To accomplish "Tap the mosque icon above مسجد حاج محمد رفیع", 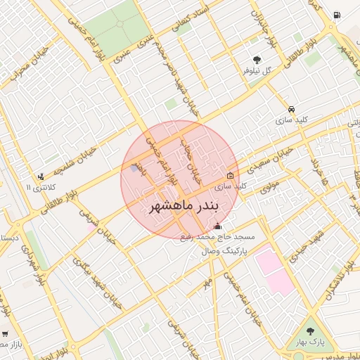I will point(217,226).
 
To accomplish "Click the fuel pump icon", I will point(338,15).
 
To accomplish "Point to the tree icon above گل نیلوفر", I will point(257,60).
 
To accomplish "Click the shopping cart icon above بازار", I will point(6,334).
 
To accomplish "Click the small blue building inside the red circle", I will point(134,168).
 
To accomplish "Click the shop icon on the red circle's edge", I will point(231,175).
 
